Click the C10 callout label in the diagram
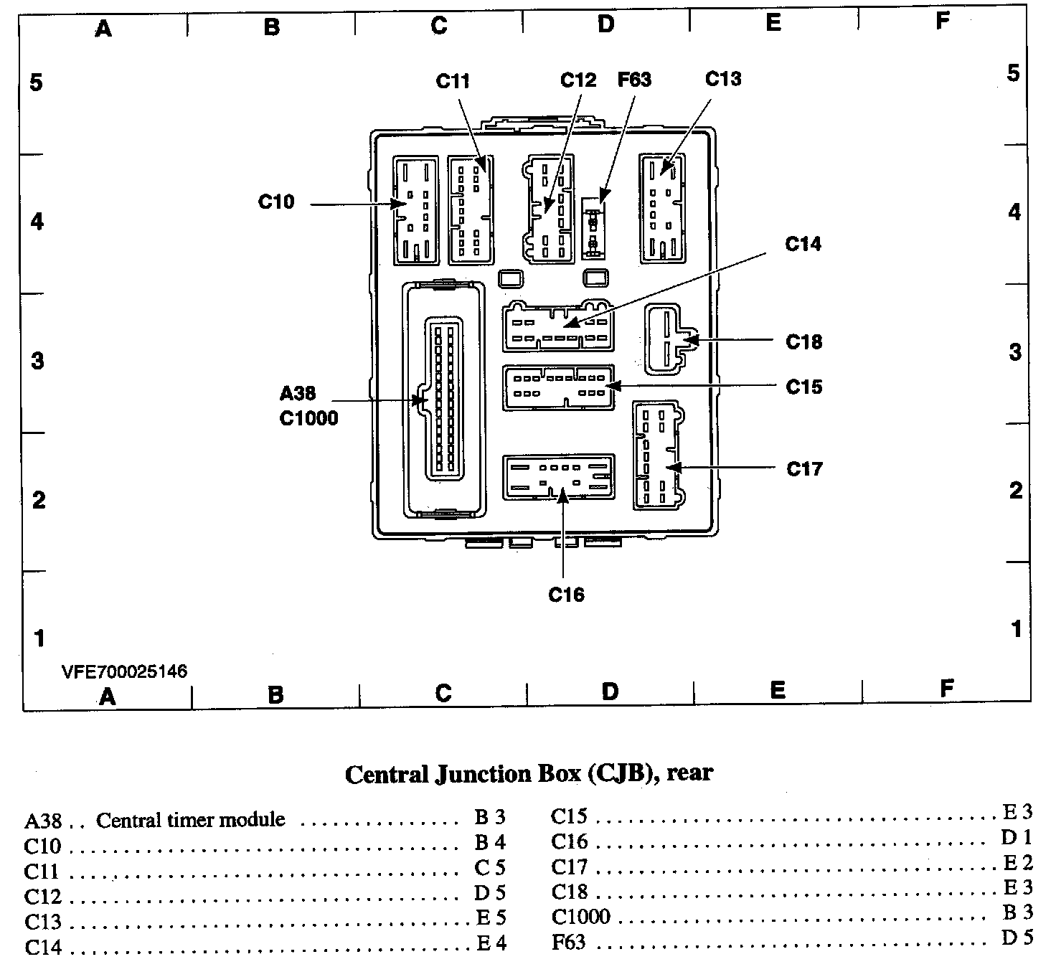(276, 202)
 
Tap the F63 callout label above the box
(634, 80)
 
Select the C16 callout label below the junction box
(566, 595)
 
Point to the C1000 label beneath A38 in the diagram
(308, 418)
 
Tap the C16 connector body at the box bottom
(559, 476)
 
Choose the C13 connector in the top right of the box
(660, 209)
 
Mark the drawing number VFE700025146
(124, 671)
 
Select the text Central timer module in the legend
(190, 820)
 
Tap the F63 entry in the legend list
(568, 941)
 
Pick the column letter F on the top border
(942, 22)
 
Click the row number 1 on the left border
(39, 638)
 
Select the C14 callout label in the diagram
(803, 245)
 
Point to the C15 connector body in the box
(559, 387)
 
